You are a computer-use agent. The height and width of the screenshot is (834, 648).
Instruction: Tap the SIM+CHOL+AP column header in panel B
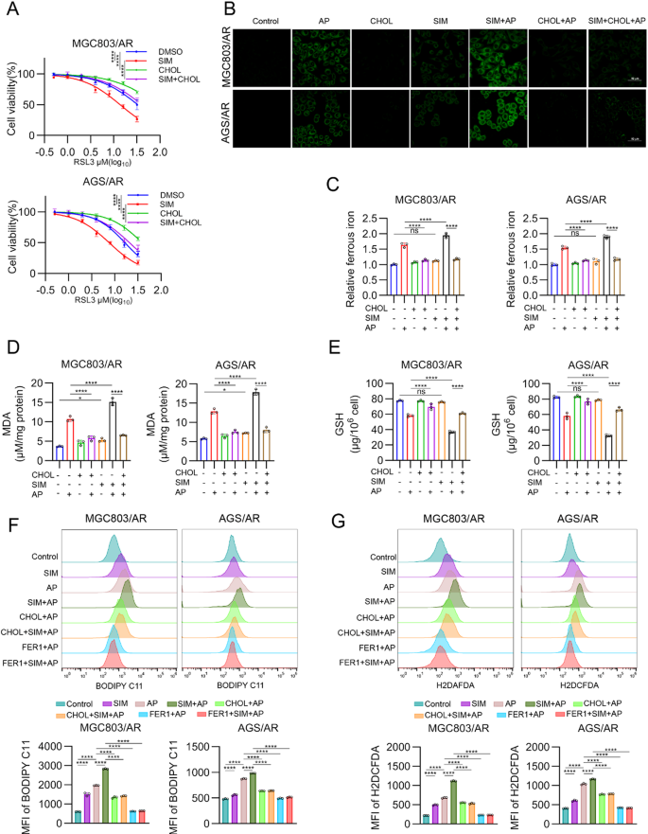612,20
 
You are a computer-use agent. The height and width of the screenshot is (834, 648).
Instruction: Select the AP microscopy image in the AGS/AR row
321,118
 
